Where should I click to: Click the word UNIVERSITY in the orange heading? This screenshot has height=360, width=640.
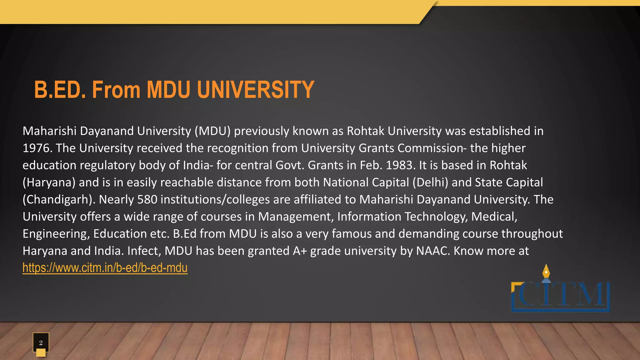coord(255,90)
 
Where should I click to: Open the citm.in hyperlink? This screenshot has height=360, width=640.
coord(105,268)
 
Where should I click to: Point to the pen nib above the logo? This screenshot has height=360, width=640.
coord(546,271)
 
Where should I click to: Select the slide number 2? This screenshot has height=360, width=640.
coord(41,342)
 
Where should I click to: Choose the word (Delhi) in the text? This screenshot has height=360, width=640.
coord(430,182)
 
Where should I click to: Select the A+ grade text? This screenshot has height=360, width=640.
coord(300,251)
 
